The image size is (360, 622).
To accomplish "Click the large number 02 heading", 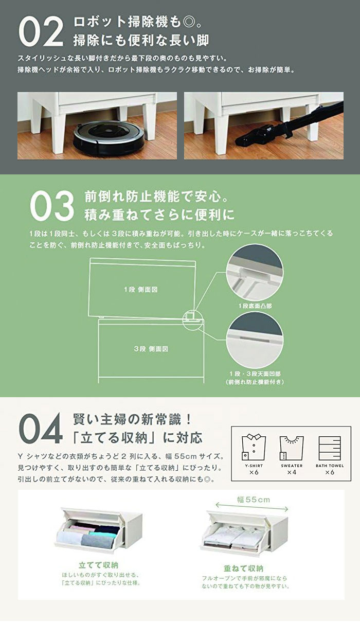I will click(41, 31).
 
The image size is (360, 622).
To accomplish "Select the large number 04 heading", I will click(41, 430).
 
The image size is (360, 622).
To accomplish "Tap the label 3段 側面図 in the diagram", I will click(151, 348).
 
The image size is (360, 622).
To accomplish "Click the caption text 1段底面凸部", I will click(255, 306).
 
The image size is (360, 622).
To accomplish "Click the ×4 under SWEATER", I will click(292, 472).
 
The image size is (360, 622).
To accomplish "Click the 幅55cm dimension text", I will click(253, 500).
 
